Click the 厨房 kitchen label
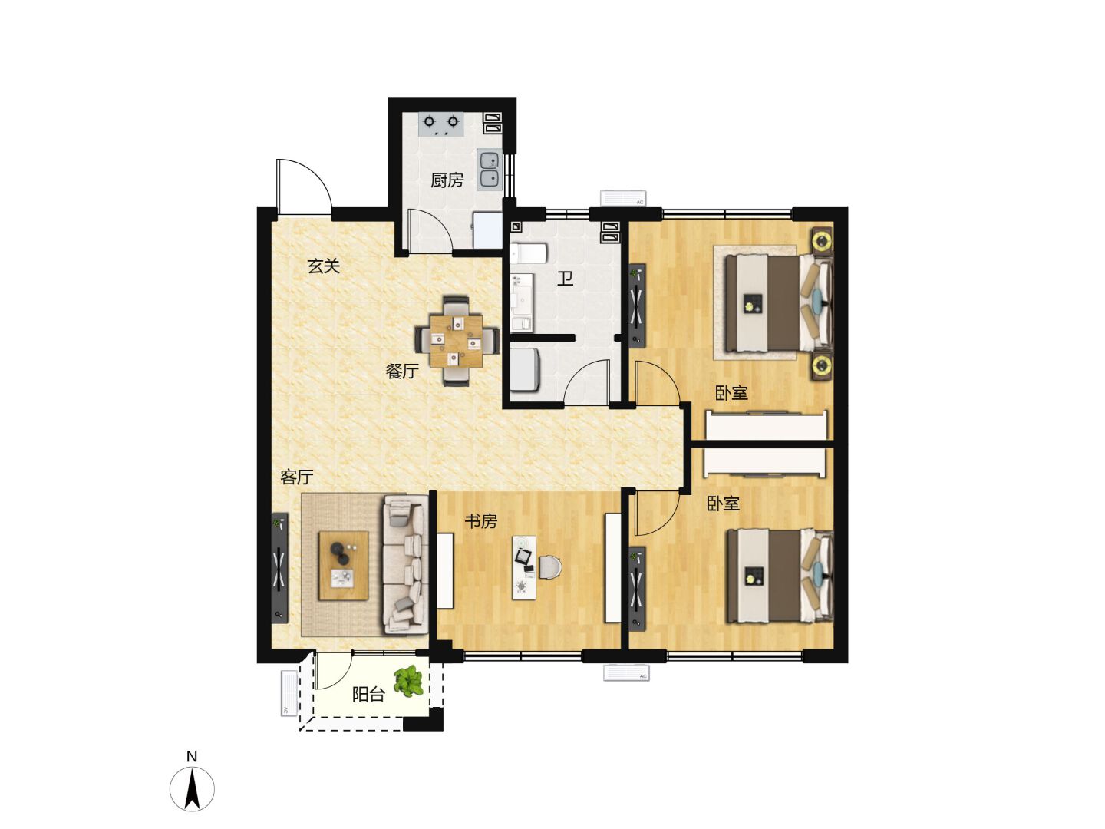tap(447, 180)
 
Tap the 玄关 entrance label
tap(324, 266)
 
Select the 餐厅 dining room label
tap(402, 371)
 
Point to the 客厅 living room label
tap(296, 476)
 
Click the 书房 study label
tap(481, 521)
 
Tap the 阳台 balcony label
tap(368, 695)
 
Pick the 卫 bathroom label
tap(566, 278)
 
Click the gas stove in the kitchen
tap(441, 124)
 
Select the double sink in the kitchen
tap(490, 169)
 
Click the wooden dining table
tap(456, 341)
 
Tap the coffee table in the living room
tap(344, 565)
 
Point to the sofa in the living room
tap(405, 564)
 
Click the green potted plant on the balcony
tap(408, 681)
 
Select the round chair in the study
tap(549, 567)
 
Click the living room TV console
tap(280, 568)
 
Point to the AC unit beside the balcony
tap(289, 693)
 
